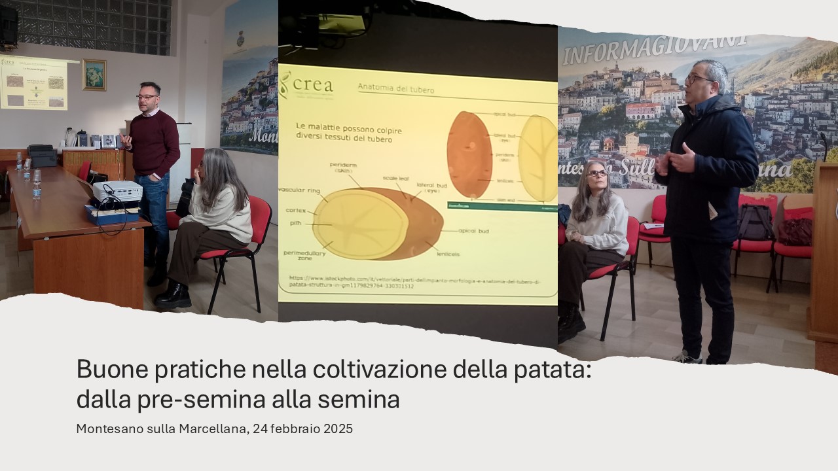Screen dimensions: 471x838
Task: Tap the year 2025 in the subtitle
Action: tap(338, 429)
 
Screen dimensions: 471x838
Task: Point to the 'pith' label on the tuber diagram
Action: tap(296, 223)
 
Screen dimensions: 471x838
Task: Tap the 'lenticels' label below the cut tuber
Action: tap(446, 253)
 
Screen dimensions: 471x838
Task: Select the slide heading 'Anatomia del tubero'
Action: tap(396, 87)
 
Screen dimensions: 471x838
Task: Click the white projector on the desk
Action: tap(117, 190)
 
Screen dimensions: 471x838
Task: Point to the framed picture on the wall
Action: tap(94, 75)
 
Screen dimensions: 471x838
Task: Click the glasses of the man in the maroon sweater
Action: tap(147, 97)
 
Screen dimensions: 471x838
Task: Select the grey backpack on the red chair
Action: tap(756, 222)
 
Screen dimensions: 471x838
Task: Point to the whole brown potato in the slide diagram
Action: tap(469, 154)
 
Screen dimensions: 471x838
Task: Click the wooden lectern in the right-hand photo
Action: tap(824, 255)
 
